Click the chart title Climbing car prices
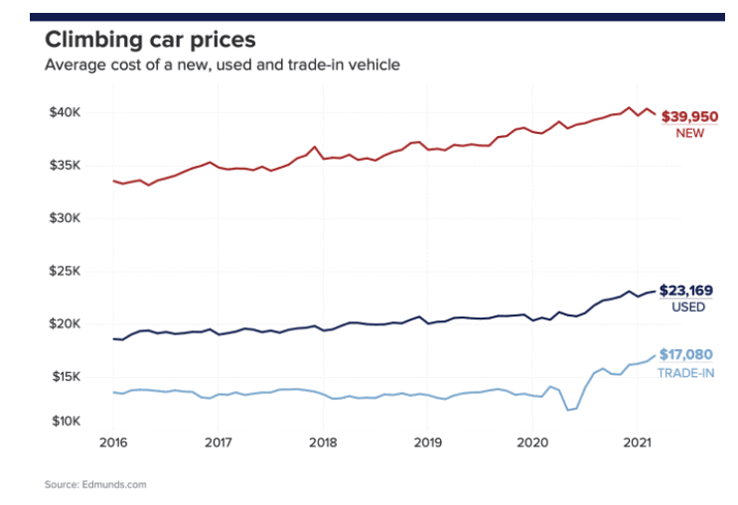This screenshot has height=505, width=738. [150, 41]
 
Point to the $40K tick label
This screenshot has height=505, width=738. [66, 112]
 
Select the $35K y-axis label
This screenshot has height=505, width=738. [66, 166]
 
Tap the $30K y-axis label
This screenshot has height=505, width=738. [66, 218]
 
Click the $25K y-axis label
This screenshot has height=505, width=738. [66, 271]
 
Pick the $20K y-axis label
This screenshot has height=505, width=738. [66, 323]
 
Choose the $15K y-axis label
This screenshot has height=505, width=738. [66, 376]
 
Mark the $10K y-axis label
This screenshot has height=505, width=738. [66, 422]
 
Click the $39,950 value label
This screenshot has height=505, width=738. [689, 116]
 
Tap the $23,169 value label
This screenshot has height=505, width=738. [688, 291]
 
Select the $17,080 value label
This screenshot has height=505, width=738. [685, 354]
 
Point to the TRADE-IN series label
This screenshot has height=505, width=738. [685, 372]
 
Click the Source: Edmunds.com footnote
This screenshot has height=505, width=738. [95, 485]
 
